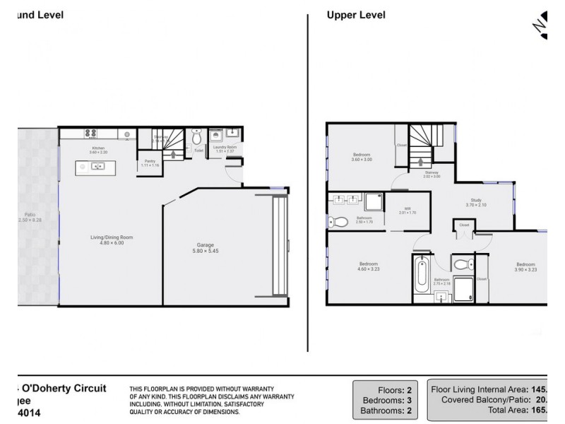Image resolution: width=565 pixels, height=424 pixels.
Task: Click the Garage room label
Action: pyautogui.click(x=205, y=248)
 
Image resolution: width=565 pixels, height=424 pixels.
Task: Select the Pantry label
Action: pyautogui.click(x=150, y=163)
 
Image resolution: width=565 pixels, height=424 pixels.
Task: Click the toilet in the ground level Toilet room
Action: pyautogui.click(x=197, y=137)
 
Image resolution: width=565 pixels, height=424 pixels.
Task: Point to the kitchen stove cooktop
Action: pyautogui.click(x=92, y=133)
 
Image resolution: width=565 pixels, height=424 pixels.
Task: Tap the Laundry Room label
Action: pyautogui.click(x=226, y=148)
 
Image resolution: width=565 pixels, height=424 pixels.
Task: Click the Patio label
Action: pyautogui.click(x=29, y=217)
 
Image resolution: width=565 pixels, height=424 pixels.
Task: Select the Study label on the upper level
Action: pyautogui.click(x=477, y=202)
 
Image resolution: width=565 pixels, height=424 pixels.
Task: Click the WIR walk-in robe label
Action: pyautogui.click(x=408, y=211)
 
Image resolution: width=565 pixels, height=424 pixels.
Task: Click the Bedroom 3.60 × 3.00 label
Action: pyautogui.click(x=362, y=157)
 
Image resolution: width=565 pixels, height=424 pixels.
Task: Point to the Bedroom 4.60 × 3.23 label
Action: pyautogui.click(x=368, y=266)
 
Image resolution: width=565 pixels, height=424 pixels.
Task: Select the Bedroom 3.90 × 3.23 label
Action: pyautogui.click(x=524, y=266)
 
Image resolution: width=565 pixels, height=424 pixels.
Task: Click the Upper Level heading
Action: pyautogui.click(x=356, y=15)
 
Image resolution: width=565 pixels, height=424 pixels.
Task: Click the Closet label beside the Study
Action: pyautogui.click(x=464, y=225)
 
